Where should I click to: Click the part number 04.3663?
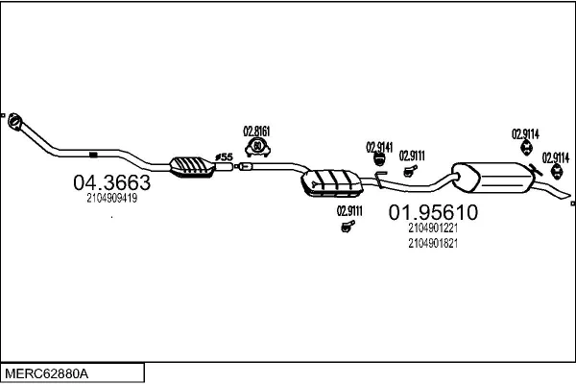pos(111,181)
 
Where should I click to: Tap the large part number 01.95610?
pos(432,213)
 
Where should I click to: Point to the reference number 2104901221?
pos(432,228)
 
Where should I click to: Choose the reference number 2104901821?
pos(432,243)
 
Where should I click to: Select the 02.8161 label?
pos(256,132)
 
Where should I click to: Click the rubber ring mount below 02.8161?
pos(257,147)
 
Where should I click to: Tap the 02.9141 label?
pos(379,147)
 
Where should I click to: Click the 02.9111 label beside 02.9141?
pos(412,156)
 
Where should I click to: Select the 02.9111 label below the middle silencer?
pos(348,211)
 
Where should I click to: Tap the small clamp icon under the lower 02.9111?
pos(347,227)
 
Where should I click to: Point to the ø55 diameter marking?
pos(223,156)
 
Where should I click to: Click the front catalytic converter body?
pos(192,167)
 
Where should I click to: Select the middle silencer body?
pos(326,181)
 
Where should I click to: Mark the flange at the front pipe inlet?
pos(14,122)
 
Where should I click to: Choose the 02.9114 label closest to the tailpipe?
pos(555,156)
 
